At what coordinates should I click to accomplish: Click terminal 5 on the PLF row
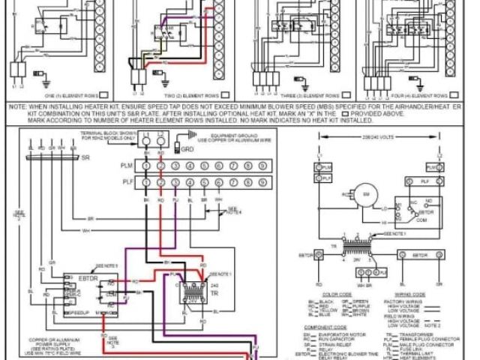202,182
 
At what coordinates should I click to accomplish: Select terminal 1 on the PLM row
145,165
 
